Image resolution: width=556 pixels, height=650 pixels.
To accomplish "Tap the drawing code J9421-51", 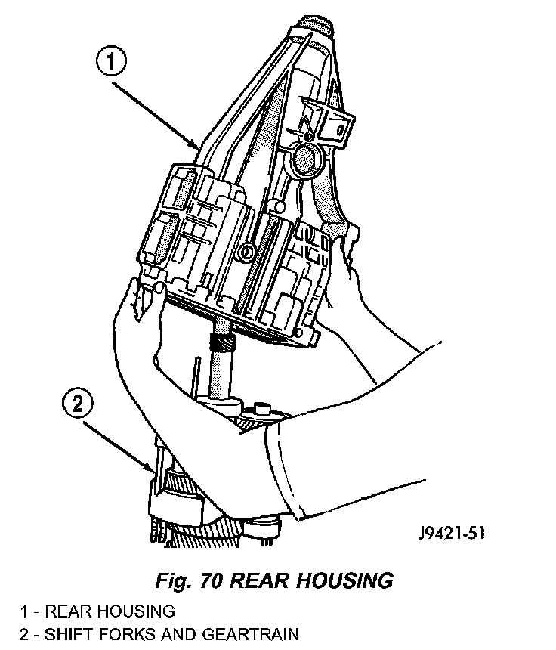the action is tap(450, 533).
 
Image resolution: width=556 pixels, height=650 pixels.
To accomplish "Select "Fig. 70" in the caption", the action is tap(186, 580).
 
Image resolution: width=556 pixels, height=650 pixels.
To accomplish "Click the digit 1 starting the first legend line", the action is tap(24, 611).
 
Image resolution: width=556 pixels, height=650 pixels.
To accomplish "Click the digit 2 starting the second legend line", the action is tap(24, 634).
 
